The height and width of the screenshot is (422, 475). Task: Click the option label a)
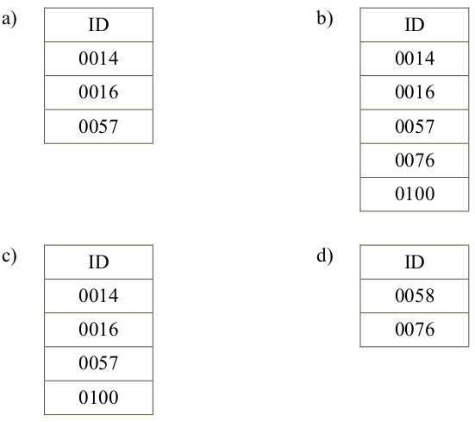9,20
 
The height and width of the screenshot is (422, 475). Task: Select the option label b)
325,19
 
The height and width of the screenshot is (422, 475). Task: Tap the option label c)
9,257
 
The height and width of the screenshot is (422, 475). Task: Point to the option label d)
325,256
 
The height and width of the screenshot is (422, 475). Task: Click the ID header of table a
99,25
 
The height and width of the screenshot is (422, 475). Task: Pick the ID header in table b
415,25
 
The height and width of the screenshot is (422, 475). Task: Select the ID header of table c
99,262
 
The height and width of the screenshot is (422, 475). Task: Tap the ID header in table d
415,262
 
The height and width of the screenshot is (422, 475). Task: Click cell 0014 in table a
99,59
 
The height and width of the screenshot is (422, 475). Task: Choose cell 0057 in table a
99,126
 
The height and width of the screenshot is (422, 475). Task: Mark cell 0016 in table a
99,92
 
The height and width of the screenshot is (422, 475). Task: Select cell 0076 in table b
415,161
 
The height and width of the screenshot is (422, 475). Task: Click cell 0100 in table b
415,194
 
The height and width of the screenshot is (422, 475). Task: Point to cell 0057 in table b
415,126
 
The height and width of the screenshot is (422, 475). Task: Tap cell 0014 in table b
415,59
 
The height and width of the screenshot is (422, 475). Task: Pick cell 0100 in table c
99,398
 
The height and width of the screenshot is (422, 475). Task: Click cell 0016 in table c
99,330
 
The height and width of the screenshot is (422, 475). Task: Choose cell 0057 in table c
99,364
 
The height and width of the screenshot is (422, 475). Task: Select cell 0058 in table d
415,296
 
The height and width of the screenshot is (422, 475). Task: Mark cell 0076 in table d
415,330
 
